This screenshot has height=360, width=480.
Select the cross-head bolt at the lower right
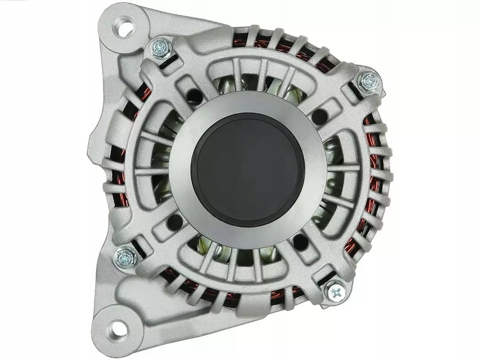(337, 292)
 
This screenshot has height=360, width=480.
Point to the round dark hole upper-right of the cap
(319, 114)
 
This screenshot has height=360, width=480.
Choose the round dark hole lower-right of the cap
(300, 241)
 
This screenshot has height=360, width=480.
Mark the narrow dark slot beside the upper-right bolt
(356, 94)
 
